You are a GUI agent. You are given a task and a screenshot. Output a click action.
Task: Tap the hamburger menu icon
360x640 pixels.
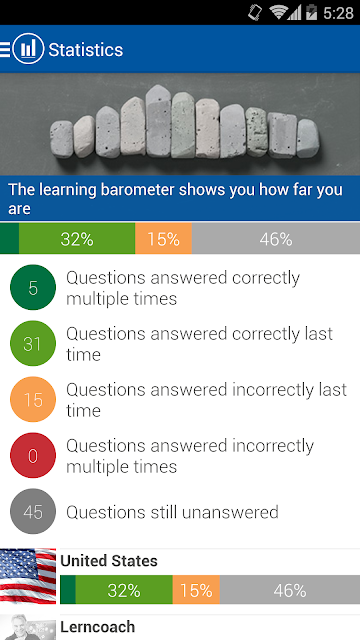click(5, 49)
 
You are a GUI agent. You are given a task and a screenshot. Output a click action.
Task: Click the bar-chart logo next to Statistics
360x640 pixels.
click(28, 49)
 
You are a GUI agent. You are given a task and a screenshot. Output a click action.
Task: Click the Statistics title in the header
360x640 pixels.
click(86, 50)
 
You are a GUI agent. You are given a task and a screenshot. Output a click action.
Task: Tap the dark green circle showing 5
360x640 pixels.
click(33, 287)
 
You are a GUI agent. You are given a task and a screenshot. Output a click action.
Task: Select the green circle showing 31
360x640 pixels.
click(33, 343)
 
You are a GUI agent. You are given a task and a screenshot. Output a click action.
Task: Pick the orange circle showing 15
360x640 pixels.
click(33, 399)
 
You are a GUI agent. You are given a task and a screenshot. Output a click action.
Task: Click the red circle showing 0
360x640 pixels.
click(33, 455)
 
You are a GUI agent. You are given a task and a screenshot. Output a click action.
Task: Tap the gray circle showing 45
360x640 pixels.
click(33, 511)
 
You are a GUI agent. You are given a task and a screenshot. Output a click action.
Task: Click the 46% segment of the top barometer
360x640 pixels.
click(276, 238)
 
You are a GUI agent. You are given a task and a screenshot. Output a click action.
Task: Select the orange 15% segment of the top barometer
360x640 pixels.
click(163, 238)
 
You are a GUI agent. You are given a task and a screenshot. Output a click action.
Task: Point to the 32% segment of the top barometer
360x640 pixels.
click(77, 238)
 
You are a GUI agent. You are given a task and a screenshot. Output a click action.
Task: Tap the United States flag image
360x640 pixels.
click(28, 576)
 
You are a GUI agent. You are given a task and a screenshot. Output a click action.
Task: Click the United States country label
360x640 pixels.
click(109, 561)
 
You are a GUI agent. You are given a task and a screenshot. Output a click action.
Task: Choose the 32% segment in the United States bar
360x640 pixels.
click(124, 590)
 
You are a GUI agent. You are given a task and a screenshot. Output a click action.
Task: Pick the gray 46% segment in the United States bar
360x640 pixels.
click(290, 590)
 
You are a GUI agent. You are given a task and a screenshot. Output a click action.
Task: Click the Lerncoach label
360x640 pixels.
click(98, 627)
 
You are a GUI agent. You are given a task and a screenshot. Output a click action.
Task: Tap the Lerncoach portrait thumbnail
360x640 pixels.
click(28, 627)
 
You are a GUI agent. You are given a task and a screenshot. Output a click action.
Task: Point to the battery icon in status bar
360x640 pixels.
click(311, 13)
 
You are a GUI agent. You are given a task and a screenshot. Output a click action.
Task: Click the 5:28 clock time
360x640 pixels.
click(338, 13)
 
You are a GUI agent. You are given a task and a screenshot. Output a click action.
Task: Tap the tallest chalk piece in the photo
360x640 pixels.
click(158, 121)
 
